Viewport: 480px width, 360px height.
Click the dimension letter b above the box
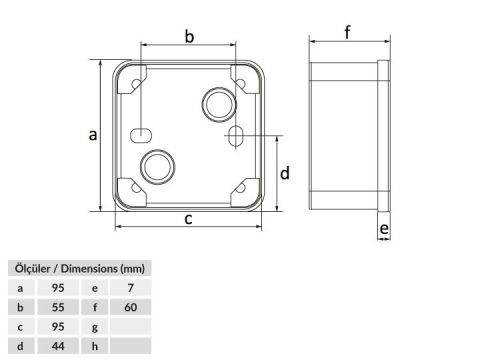(x=189, y=36)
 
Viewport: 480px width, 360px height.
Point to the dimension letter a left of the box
(x=93, y=135)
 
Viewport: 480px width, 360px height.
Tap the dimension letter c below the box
(x=188, y=219)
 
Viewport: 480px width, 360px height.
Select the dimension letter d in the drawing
(x=285, y=173)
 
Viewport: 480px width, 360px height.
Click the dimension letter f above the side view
(x=348, y=32)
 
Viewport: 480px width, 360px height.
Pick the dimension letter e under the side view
(x=384, y=229)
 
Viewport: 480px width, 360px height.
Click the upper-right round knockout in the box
(x=219, y=104)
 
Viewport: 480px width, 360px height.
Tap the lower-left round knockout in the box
(x=158, y=167)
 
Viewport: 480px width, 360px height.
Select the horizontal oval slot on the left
(x=141, y=135)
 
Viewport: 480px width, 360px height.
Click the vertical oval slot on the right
(x=236, y=136)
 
